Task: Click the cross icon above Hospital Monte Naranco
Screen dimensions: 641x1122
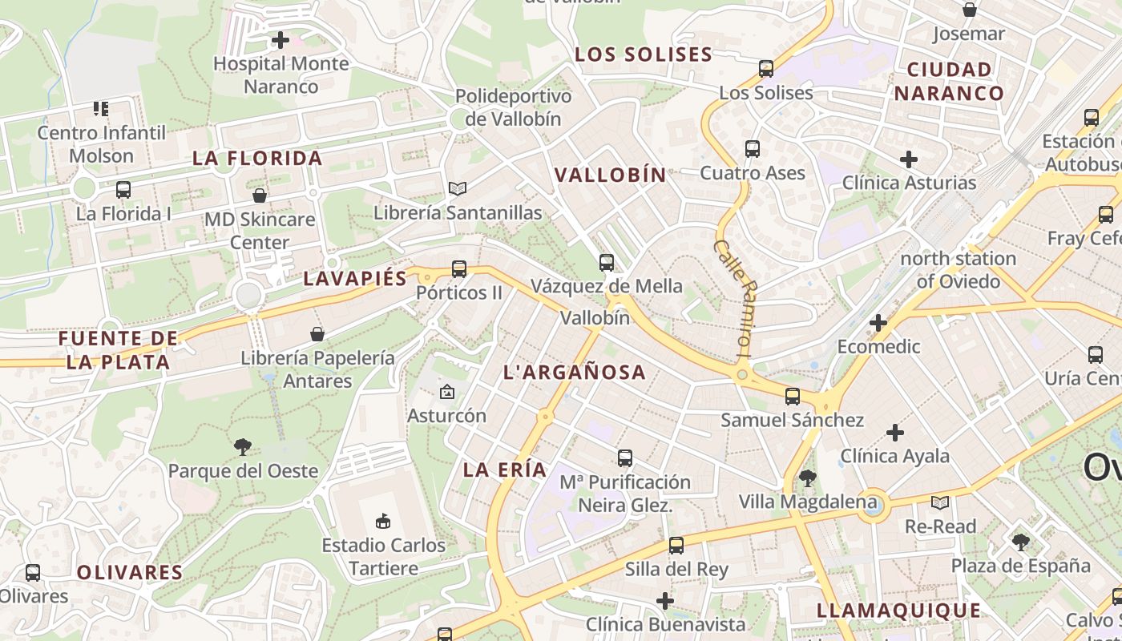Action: point(280,39)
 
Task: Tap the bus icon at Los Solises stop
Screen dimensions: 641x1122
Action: point(766,69)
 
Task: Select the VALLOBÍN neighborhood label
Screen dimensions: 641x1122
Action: point(611,175)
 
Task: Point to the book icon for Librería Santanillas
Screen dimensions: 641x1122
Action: point(458,188)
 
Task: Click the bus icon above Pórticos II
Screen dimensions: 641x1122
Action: point(459,268)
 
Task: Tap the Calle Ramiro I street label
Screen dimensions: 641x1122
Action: point(734,297)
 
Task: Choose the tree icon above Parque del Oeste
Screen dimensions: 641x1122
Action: point(243,447)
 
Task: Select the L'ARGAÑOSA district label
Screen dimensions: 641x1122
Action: point(574,372)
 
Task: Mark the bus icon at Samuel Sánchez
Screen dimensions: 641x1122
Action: point(793,396)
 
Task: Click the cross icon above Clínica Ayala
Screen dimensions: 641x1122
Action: point(895,433)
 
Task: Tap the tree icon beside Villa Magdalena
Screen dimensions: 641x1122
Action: point(807,478)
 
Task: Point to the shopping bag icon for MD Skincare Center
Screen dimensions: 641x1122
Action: point(260,196)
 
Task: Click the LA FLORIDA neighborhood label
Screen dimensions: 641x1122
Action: point(257,159)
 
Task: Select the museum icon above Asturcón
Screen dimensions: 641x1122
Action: point(447,392)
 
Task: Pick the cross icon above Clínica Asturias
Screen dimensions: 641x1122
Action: point(909,159)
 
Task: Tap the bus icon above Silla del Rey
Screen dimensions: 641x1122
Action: point(676,546)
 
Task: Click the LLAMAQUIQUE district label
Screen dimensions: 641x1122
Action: point(898,611)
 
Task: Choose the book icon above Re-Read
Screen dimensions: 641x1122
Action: point(940,502)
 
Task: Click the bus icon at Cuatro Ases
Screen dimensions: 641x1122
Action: point(753,148)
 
